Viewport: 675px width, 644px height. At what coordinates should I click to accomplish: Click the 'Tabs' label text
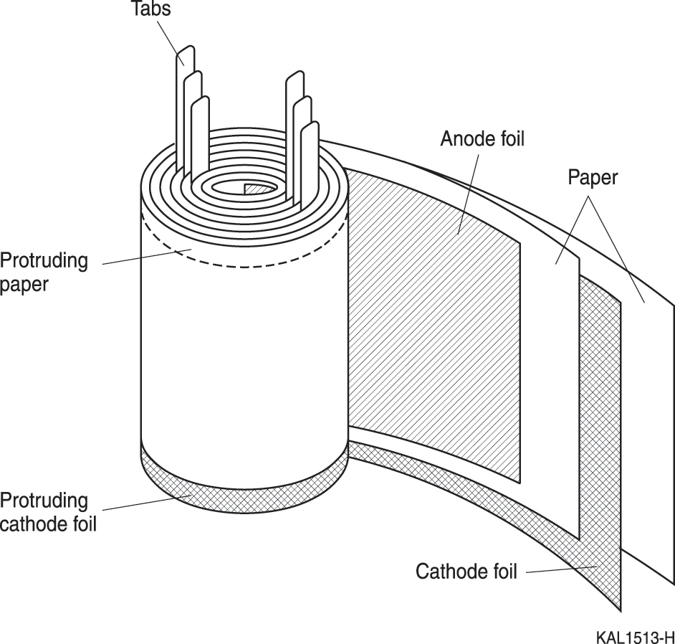(150, 8)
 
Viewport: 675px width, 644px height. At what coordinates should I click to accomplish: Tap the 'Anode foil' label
(482, 138)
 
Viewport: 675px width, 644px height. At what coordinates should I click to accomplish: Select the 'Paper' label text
(593, 177)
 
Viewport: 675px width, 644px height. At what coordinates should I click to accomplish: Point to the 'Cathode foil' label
(466, 571)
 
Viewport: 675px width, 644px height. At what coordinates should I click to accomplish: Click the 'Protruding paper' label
(44, 273)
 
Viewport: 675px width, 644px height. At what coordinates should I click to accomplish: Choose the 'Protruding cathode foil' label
(48, 512)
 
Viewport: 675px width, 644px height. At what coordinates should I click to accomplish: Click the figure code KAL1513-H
(635, 637)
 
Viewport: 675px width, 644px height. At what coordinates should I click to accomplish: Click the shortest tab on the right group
(310, 164)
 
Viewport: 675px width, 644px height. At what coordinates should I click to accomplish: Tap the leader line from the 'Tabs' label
(171, 42)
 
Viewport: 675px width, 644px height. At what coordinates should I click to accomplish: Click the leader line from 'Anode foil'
(469, 194)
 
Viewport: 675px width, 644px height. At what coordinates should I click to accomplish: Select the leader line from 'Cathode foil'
(562, 569)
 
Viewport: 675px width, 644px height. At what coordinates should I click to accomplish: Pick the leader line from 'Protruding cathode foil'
(147, 503)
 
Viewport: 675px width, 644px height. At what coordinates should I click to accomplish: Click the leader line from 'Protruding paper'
(147, 257)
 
